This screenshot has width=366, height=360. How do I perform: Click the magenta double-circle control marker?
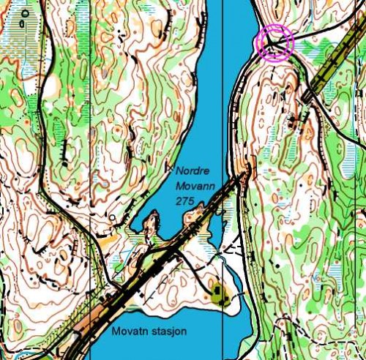point(274,42)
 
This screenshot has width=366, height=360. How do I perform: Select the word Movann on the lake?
point(195,187)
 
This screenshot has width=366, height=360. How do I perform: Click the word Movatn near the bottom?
point(129,331)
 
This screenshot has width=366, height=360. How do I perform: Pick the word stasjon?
point(168,331)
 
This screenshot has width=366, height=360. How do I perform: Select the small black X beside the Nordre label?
point(170,168)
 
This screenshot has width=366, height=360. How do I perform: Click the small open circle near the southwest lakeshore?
point(111,217)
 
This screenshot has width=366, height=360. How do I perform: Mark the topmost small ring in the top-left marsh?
point(26,13)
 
